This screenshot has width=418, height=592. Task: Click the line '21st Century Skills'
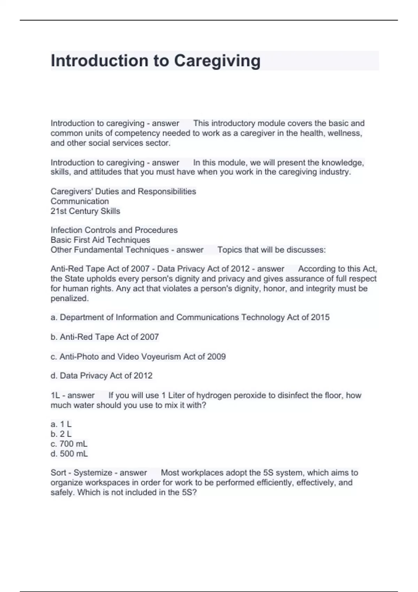click(85, 211)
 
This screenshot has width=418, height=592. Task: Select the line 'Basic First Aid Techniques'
click(100, 240)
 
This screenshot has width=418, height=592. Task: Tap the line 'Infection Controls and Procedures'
click(114, 230)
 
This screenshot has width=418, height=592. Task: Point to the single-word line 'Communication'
click(80, 201)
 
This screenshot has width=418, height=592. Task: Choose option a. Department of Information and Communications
click(190, 317)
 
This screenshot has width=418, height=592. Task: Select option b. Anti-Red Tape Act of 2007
click(104, 337)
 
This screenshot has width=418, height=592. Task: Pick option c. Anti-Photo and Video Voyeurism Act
click(138, 357)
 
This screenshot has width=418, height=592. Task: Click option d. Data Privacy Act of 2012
click(101, 376)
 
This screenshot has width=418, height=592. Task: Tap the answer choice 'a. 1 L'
click(61, 424)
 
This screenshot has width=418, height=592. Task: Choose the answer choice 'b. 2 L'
click(61, 434)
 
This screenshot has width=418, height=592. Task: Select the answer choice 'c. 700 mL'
click(69, 444)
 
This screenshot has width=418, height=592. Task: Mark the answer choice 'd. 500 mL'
click(69, 454)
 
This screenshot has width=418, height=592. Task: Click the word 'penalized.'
click(70, 298)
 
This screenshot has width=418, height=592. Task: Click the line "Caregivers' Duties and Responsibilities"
click(123, 192)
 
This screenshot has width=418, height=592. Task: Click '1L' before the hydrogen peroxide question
click(55, 395)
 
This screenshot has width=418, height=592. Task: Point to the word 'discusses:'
click(306, 250)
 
